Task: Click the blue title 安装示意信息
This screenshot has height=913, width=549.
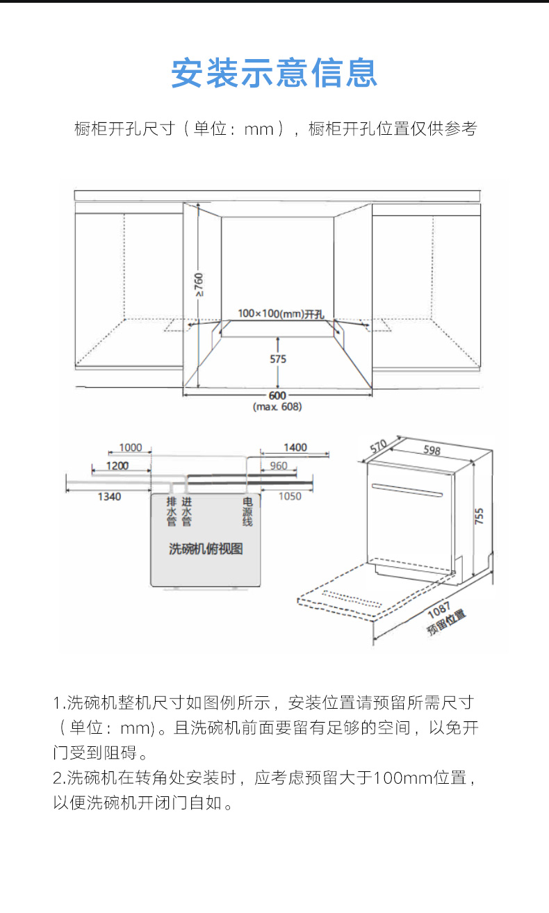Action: pyautogui.click(x=274, y=73)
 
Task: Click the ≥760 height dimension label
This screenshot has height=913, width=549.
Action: pyautogui.click(x=199, y=284)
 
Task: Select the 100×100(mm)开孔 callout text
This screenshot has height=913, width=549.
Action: pyautogui.click(x=281, y=313)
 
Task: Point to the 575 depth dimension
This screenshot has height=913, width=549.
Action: pyautogui.click(x=278, y=359)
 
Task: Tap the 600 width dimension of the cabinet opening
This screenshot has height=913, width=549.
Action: pyautogui.click(x=277, y=395)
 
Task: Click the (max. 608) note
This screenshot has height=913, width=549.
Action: pyautogui.click(x=277, y=406)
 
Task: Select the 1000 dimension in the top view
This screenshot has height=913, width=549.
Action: pyautogui.click(x=131, y=447)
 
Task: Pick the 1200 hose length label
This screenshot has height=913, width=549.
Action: pyautogui.click(x=117, y=466)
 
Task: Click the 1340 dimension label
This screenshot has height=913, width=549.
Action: pyautogui.click(x=109, y=496)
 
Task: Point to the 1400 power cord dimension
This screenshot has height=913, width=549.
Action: pyautogui.click(x=295, y=447)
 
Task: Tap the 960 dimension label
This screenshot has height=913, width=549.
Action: pyautogui.click(x=279, y=466)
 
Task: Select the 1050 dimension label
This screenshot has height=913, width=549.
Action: pyautogui.click(x=290, y=496)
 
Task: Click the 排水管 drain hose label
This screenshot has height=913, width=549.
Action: pyautogui.click(x=172, y=511)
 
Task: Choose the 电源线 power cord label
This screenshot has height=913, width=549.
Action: pyautogui.click(x=247, y=511)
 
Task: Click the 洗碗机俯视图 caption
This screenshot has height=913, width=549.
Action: pyautogui.click(x=206, y=549)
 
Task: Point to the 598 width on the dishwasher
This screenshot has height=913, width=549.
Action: pyautogui.click(x=432, y=450)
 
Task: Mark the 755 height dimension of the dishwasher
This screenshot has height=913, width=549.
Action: pyautogui.click(x=480, y=516)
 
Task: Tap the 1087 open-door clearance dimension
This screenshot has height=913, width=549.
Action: pyautogui.click(x=439, y=610)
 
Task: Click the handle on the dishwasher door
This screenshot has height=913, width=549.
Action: pyautogui.click(x=407, y=491)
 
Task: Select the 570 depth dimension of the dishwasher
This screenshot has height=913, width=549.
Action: pyautogui.click(x=378, y=446)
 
